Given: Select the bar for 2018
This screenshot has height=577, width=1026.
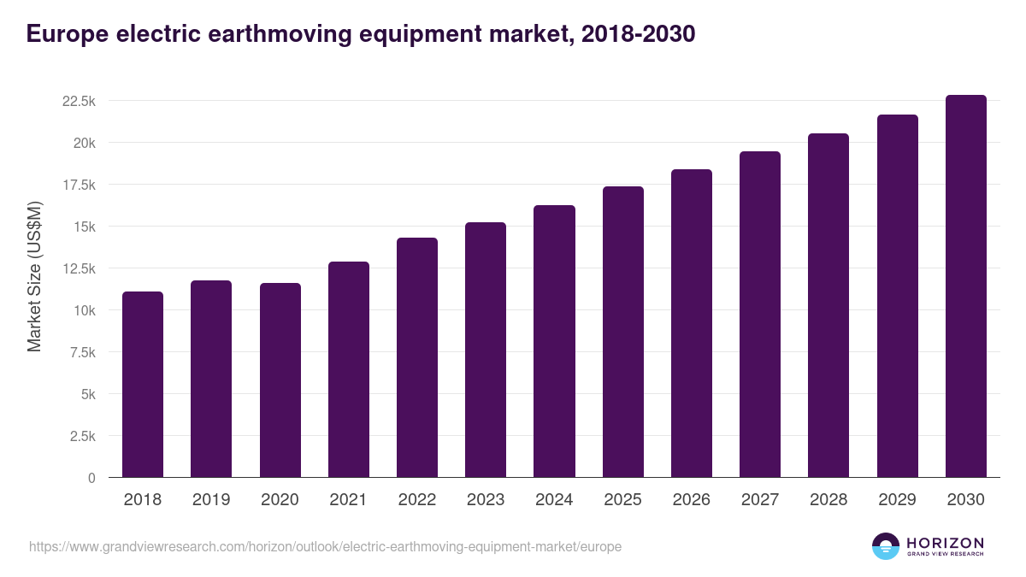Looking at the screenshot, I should pyautogui.click(x=143, y=385).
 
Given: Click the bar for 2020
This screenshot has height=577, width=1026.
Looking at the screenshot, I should pyautogui.click(x=280, y=380).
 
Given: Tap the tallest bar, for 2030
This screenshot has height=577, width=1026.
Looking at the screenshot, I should pyautogui.click(x=965, y=286).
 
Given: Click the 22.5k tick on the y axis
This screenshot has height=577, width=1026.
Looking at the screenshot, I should pyautogui.click(x=79, y=101).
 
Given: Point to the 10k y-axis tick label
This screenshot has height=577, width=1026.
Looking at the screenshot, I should pyautogui.click(x=83, y=310).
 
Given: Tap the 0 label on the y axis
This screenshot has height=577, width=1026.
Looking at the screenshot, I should pyautogui.click(x=91, y=478).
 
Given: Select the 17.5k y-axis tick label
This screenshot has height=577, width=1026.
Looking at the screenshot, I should pyautogui.click(x=79, y=185).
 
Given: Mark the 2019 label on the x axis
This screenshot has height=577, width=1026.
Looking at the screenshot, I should pyautogui.click(x=211, y=500).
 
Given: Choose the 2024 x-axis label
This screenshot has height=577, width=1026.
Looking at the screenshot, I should pyautogui.click(x=554, y=500).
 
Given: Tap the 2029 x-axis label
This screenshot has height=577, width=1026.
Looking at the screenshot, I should pyautogui.click(x=897, y=500).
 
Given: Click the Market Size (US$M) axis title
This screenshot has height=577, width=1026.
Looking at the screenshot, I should pyautogui.click(x=34, y=277).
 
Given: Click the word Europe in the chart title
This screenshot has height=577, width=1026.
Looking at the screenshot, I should pyautogui.click(x=65, y=34).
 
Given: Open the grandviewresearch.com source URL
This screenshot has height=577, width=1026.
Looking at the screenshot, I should pyautogui.click(x=325, y=546).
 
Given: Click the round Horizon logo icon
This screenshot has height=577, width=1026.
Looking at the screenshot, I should pyautogui.click(x=885, y=546).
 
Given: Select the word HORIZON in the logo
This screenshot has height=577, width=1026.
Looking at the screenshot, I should pyautogui.click(x=945, y=543).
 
